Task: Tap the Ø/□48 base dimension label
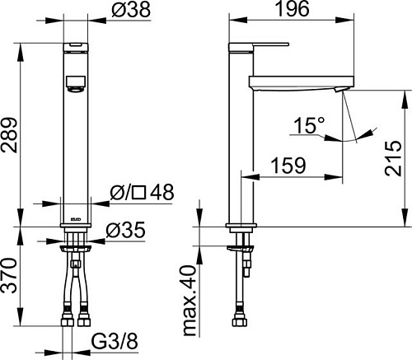tap(141, 193)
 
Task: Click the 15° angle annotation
tap(307, 126)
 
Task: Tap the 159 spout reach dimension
tap(289, 163)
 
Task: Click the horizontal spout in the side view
tap(297, 82)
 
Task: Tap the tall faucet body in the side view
tap(239, 148)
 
